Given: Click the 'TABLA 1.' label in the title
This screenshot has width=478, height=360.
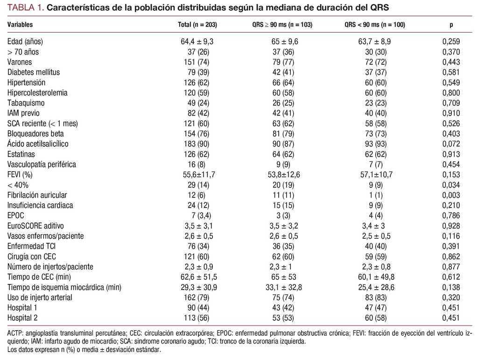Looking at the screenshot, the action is coord(26,7).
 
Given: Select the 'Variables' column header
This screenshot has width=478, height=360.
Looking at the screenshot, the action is coord(20,25).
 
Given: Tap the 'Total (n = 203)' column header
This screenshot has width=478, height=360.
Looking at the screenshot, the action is coord(197,25).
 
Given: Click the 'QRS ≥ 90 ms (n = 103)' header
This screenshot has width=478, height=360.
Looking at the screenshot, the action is coord(282,25).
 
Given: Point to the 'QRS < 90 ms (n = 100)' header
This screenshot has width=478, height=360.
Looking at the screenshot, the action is coord(375,25).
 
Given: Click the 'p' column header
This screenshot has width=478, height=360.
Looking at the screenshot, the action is coord(451,25).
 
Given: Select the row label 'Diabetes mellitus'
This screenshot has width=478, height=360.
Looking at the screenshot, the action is coord(34,72).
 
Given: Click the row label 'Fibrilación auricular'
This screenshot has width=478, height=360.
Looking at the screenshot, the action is coord(37,195).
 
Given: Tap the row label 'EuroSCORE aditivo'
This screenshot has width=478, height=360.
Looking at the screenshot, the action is coord(35,226).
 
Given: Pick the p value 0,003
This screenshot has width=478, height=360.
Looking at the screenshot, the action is coord(451,195).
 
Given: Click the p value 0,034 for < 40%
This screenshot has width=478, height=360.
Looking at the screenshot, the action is coord(451,185).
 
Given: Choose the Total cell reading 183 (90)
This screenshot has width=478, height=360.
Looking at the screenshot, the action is coord(197,144).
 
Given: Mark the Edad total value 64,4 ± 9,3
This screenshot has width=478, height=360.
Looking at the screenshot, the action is coord(197,42).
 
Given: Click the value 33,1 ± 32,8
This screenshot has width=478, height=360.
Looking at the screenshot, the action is coord(283,287).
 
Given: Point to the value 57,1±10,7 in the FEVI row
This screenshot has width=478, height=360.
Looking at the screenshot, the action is coord(376,174).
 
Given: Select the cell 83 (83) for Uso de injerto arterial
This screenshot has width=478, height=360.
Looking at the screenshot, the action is coord(376,298).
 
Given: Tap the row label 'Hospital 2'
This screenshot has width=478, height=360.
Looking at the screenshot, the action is coord(22,318).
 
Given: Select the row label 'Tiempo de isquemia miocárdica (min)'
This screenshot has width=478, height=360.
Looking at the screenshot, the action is coord(64,287).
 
